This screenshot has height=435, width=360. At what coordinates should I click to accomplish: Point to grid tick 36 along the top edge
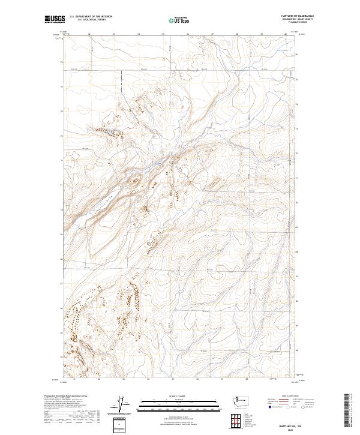point(188,34)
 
